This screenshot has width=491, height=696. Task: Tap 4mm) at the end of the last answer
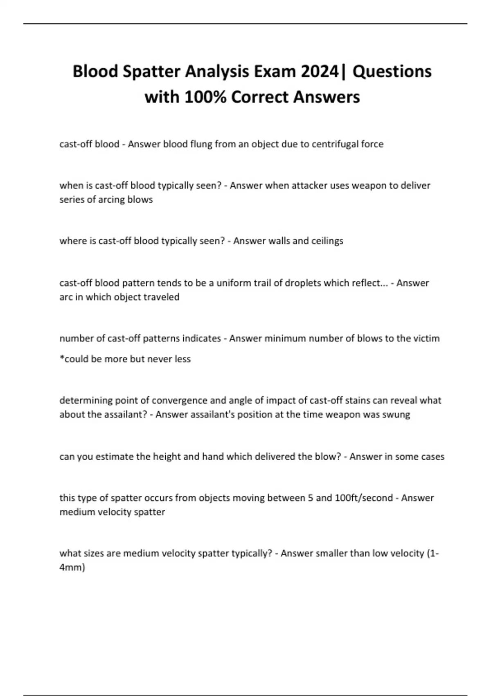pos(72,567)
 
